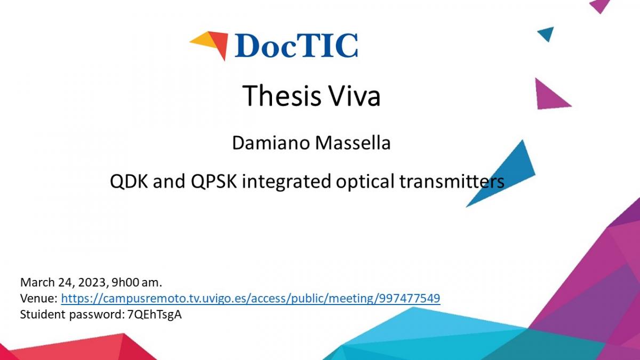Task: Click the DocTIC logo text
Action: [296, 46]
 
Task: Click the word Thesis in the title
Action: [282, 95]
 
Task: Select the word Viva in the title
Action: [355, 95]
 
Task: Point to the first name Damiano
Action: [271, 143]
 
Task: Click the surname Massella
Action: [353, 143]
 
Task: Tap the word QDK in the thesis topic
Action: [129, 181]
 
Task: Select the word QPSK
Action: [214, 181]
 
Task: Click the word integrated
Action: [286, 182]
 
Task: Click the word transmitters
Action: [452, 181]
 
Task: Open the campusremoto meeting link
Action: [251, 299]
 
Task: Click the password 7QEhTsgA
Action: [155, 315]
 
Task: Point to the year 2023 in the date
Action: [92, 283]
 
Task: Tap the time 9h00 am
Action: [137, 283]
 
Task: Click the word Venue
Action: [38, 299]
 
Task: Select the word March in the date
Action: [37, 283]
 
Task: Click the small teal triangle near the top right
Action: [547, 34]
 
